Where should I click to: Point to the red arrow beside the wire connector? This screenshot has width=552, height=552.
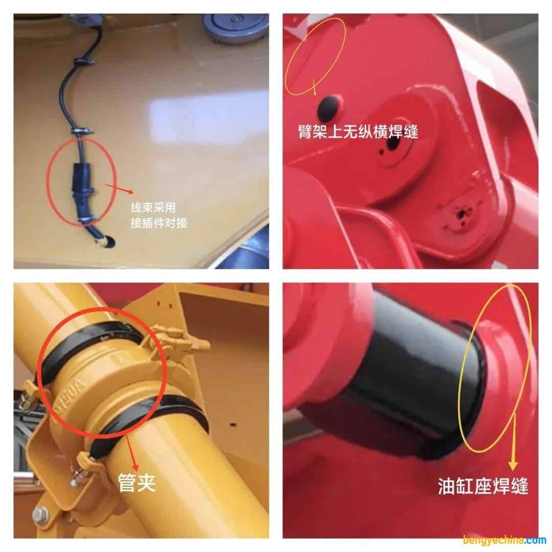tap(119, 189)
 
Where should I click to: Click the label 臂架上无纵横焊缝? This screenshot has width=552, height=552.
tap(358, 131)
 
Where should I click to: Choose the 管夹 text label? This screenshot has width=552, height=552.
tap(136, 481)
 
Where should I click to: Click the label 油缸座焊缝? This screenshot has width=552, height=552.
tap(482, 486)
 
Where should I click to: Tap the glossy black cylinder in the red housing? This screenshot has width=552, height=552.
tap(409, 368)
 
